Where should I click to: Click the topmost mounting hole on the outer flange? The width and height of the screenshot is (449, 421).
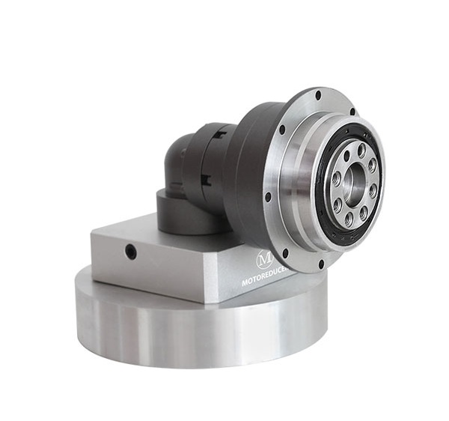318,96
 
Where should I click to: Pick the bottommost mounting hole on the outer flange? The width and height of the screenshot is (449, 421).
321,264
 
